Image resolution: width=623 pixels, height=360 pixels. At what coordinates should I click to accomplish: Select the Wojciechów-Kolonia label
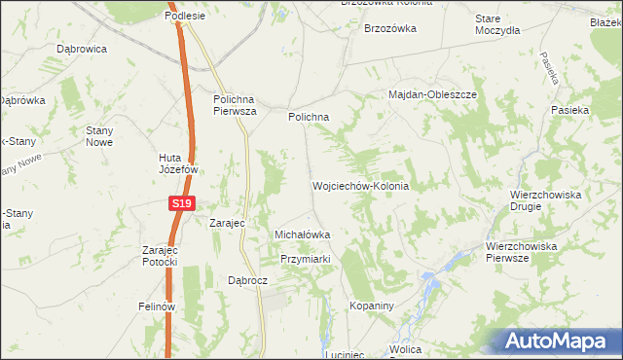[x=359, y=185]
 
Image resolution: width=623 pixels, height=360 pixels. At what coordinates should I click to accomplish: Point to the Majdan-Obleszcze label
[x=432, y=95]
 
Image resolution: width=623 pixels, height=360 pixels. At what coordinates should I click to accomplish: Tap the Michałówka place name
[x=303, y=234]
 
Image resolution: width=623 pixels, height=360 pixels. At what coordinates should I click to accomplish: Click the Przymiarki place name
[x=307, y=259]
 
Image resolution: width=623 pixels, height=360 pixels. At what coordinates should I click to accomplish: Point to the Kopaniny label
[x=372, y=306]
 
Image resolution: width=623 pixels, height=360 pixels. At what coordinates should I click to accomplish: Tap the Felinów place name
[x=156, y=306]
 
